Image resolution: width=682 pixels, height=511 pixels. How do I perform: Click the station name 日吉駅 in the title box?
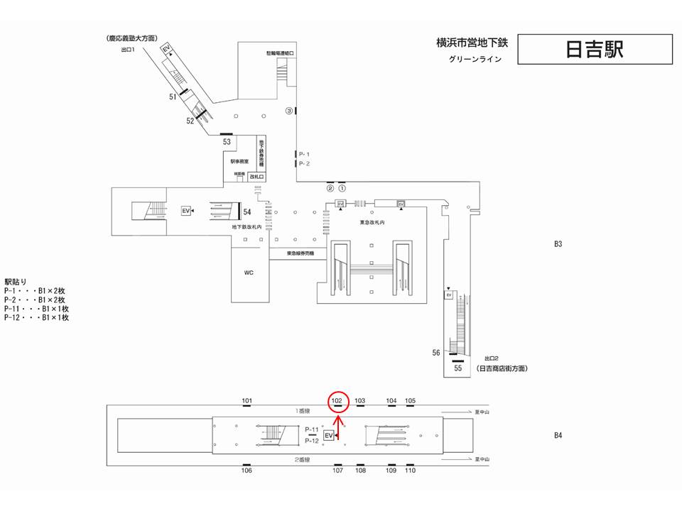click(595, 49)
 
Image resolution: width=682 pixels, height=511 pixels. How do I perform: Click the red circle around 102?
click(338, 401)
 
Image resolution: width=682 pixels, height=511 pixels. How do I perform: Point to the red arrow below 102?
click(338, 425)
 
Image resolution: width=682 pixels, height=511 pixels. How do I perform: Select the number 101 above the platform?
click(247, 401)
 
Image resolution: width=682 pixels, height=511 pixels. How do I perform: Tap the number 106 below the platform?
click(247, 470)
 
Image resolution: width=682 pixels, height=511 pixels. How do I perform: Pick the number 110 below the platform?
click(410, 470)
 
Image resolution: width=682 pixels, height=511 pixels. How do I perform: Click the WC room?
click(249, 272)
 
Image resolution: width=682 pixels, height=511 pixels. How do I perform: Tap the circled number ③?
click(289, 111)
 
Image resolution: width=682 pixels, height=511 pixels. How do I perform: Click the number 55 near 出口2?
click(458, 368)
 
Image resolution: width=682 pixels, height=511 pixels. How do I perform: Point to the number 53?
click(227, 141)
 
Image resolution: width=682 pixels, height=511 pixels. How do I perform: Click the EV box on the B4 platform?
click(328, 434)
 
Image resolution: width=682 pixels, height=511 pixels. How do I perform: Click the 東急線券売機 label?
click(301, 253)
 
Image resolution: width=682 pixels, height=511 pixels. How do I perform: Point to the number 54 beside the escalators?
click(247, 211)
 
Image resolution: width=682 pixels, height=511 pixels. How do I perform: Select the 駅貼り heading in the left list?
click(15, 282)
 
